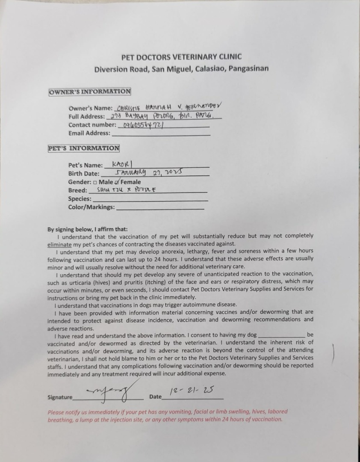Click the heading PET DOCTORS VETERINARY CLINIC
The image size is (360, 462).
tap(181, 56)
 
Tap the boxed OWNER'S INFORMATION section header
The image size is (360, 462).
tap(90, 92)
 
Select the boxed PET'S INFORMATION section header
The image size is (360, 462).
tap(84, 148)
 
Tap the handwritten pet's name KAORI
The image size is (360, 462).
tap(122, 164)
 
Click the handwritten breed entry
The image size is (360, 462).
tap(127, 190)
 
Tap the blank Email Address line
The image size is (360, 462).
tap(160, 133)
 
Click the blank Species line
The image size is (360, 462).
tap(150, 199)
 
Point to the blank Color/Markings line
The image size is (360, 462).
tap(160, 207)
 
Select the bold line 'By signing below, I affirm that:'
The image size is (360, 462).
tap(87, 229)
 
